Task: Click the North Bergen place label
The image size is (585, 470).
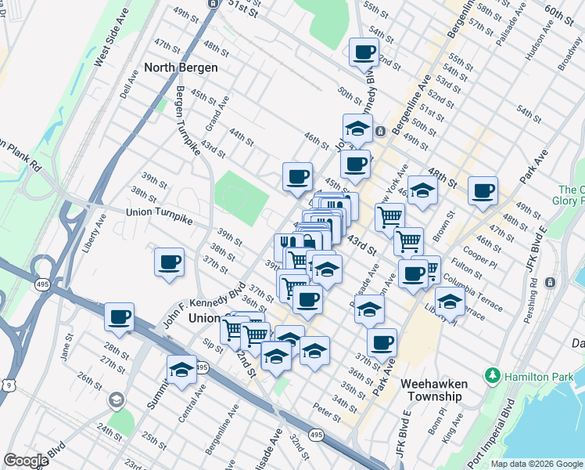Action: (179, 67)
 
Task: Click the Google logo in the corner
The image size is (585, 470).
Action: (26, 461)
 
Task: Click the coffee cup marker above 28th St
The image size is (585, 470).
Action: (120, 317)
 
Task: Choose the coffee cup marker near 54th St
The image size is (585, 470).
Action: (363, 52)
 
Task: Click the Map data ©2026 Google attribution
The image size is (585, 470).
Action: (537, 464)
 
